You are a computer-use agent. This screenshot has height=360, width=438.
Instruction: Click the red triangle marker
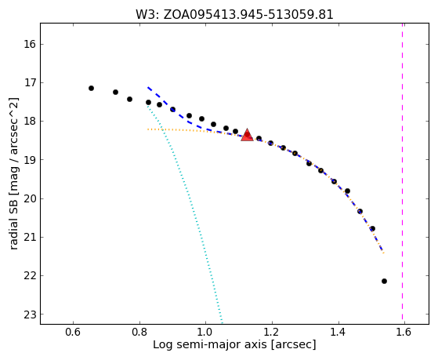pos(247,135)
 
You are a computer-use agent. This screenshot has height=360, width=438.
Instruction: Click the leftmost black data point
pos(91,88)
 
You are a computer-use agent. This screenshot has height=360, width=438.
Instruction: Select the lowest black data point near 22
pos(384,281)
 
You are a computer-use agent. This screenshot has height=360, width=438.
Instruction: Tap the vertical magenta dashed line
pos(402,171)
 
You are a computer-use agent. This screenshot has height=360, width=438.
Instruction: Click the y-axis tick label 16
pos(30,44)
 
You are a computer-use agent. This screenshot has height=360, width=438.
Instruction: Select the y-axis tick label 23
pos(30,315)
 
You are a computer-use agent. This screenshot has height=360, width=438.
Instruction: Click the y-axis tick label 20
pos(30,198)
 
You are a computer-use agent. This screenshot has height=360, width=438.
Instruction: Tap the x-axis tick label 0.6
pos(73,332)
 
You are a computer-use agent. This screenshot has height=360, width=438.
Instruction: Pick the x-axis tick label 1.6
pos(404,332)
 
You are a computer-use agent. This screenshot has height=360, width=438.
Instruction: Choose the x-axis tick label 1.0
pos(205,332)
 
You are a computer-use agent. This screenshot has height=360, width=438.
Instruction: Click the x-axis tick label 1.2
pos(272,332)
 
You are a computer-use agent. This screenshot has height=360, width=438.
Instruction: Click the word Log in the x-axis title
pos(163,345)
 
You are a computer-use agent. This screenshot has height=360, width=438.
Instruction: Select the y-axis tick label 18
pos(30,122)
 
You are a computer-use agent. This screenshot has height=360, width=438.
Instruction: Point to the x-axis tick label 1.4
pos(338,332)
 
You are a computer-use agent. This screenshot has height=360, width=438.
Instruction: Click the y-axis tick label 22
pos(30,276)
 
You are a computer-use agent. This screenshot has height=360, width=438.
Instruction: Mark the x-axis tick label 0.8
pos(139,332)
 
